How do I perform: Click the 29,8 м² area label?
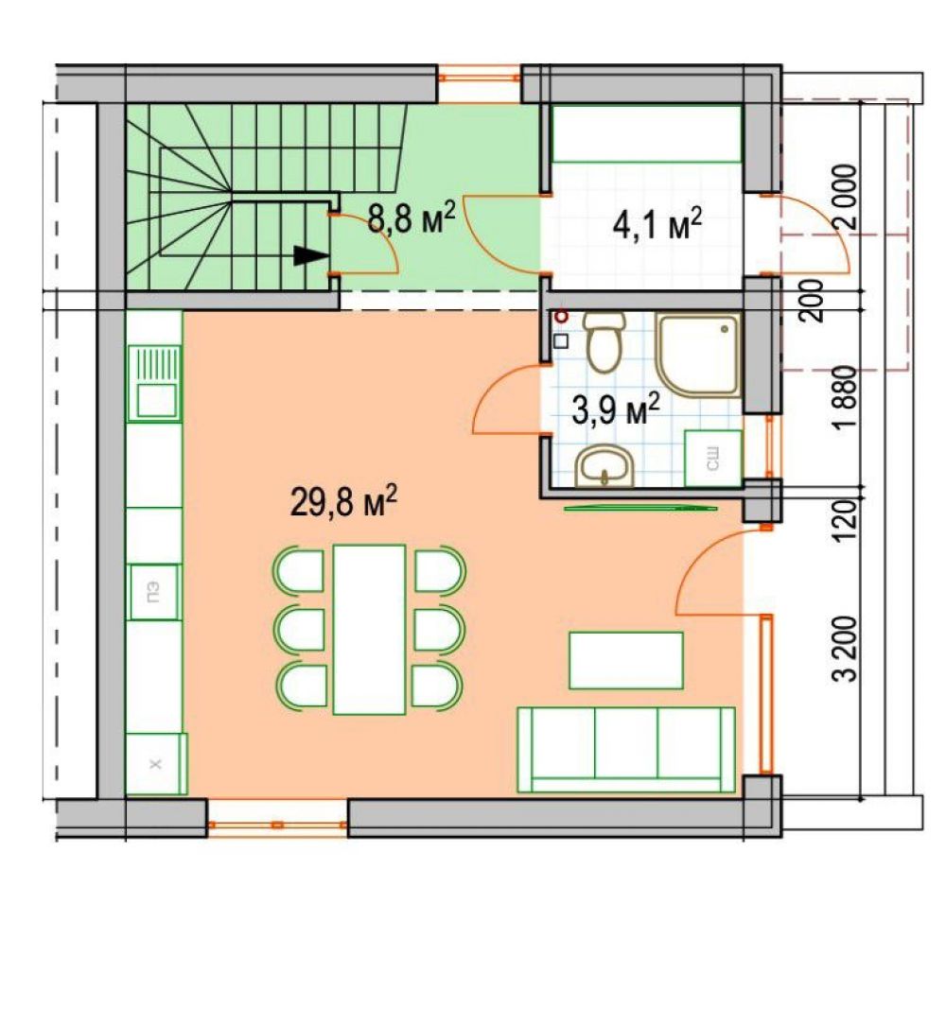[343, 502]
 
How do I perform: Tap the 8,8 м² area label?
[412, 217]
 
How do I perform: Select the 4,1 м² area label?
[657, 224]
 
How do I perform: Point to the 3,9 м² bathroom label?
[616, 409]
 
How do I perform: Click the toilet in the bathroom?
[604, 340]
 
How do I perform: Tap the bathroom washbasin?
[605, 466]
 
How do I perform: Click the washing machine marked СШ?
[713, 458]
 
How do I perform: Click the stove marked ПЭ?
[154, 592]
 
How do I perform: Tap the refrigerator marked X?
[156, 764]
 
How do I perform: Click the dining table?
[369, 630]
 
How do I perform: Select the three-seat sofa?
[626, 750]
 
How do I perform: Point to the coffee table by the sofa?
[626, 660]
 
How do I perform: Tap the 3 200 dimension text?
[846, 649]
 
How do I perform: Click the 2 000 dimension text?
[846, 197]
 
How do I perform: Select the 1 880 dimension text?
[846, 397]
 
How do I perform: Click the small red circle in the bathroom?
[560, 318]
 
